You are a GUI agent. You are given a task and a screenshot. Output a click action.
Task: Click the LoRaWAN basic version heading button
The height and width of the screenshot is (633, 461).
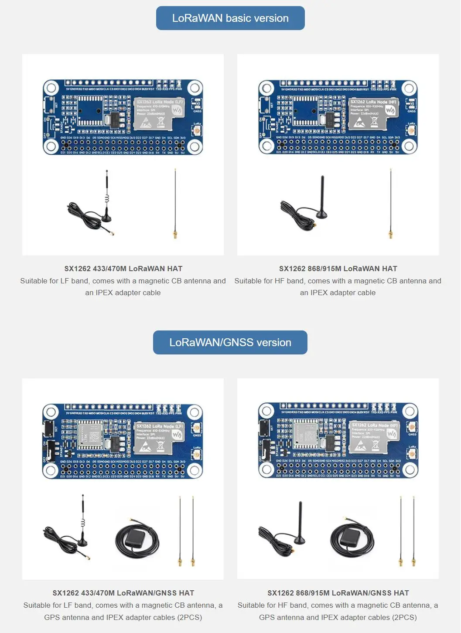[230, 18]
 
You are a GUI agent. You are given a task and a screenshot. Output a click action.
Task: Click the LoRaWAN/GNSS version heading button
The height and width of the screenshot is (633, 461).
[230, 343]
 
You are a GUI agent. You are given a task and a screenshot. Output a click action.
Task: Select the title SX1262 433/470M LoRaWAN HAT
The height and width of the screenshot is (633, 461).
[123, 269]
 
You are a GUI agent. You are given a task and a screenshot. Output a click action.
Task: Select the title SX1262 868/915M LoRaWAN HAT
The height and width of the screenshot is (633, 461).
[338, 269]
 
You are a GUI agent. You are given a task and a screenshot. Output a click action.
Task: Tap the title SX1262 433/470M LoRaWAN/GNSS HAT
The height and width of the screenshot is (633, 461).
[123, 593]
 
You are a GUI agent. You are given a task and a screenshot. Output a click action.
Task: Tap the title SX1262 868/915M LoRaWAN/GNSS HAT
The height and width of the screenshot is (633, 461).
[338, 593]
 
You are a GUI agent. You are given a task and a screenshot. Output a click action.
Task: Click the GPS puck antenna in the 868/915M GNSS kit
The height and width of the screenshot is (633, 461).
[352, 539]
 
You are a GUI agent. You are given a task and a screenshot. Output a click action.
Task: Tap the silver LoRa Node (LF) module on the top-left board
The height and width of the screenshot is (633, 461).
[159, 114]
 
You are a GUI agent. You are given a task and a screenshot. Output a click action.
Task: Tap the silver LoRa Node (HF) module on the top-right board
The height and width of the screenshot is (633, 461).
[373, 114]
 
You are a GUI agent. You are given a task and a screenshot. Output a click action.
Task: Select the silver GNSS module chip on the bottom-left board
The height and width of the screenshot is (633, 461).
[90, 435]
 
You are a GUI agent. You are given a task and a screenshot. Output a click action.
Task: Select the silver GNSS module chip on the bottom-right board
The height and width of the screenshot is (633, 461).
[306, 435]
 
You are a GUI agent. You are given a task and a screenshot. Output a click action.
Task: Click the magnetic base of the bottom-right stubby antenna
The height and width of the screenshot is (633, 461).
[299, 541]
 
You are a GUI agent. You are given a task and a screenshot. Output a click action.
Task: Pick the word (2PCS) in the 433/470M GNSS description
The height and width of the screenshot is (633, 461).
[189, 617]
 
